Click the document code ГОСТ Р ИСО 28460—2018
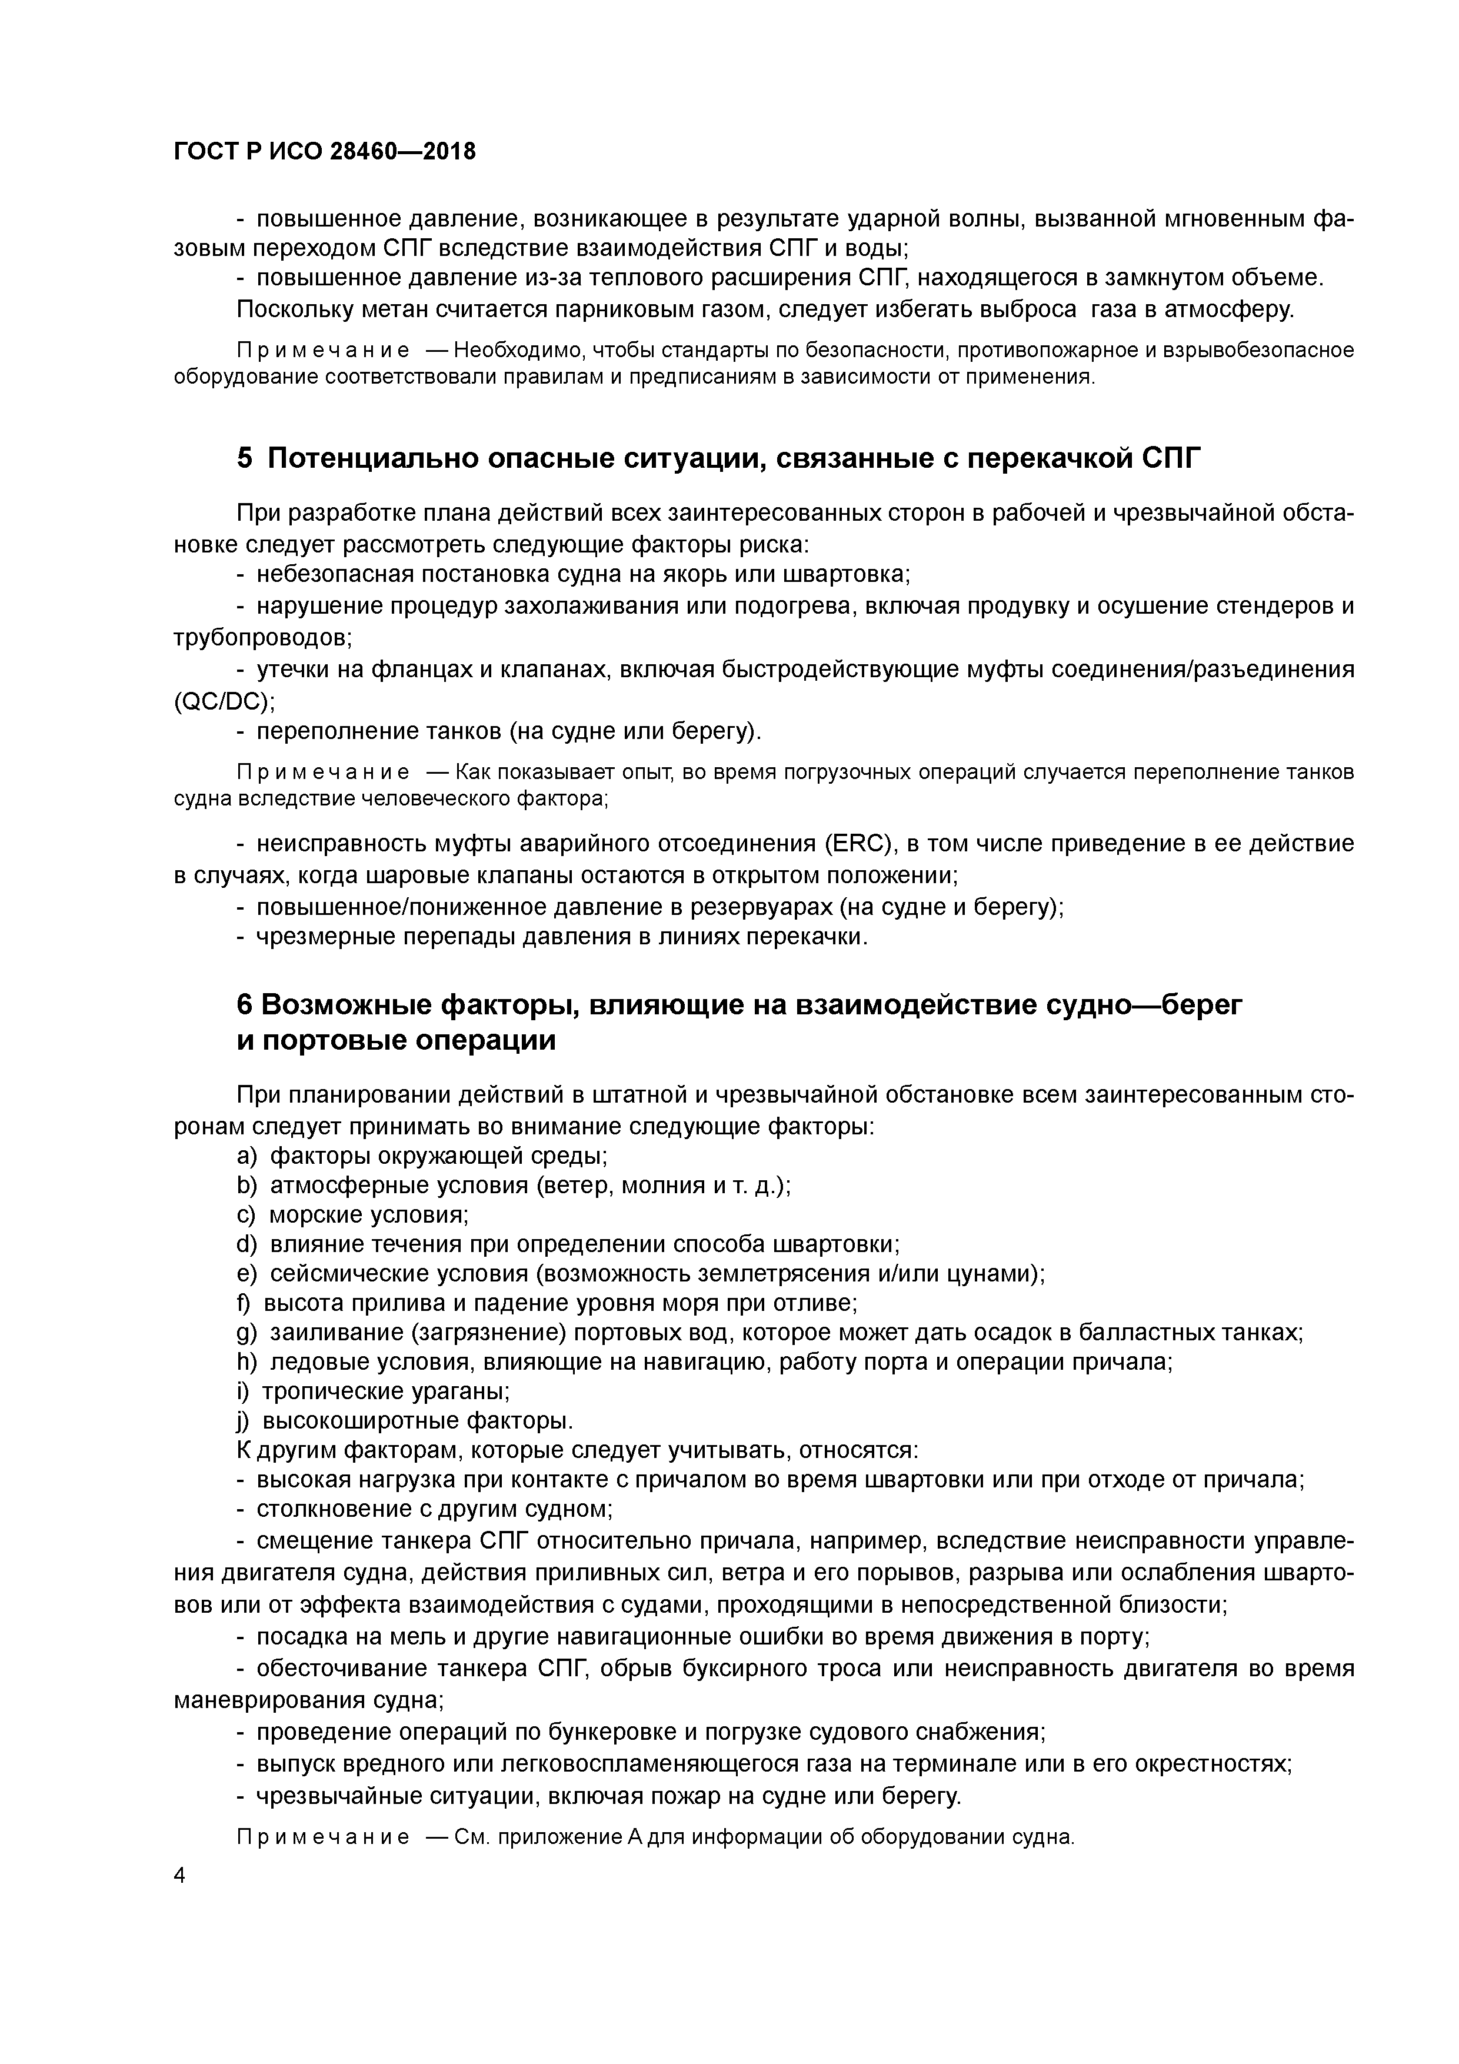point(325,152)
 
